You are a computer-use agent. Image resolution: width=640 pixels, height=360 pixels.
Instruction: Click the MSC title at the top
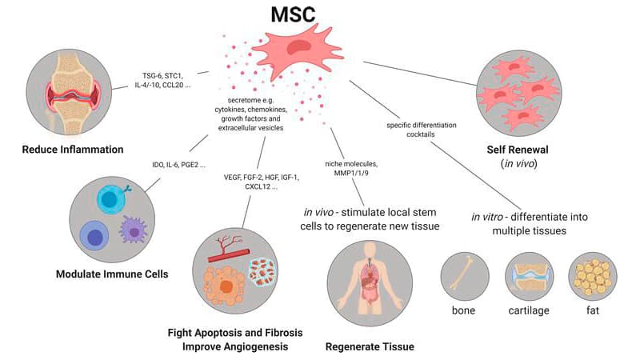click(293, 14)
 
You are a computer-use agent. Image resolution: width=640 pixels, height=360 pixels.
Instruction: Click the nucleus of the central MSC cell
click(299, 48)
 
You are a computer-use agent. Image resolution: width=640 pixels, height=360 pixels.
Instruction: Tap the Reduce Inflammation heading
click(73, 150)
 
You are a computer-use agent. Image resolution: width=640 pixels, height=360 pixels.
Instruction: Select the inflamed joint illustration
click(69, 92)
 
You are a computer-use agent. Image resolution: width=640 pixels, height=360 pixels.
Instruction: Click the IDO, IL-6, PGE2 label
click(178, 165)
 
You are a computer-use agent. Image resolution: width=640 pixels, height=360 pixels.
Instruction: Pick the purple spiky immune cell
click(133, 230)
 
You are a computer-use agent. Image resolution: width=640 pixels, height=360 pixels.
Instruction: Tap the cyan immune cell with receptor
click(111, 199)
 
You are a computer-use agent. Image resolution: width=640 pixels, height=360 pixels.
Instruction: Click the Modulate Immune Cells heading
click(112, 274)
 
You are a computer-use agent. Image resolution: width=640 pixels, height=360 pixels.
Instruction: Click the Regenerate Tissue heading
click(370, 347)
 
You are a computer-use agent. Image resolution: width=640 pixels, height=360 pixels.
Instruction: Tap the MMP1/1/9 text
click(351, 173)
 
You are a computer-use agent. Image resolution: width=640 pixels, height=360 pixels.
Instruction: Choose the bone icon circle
click(465, 276)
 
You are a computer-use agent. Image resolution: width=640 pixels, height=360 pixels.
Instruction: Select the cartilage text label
click(529, 310)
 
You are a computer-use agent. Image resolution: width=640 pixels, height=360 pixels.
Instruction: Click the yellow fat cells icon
click(593, 276)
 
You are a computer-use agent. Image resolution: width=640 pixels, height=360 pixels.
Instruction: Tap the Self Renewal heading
click(518, 150)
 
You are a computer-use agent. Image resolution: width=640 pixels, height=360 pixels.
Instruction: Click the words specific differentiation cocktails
click(422, 130)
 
